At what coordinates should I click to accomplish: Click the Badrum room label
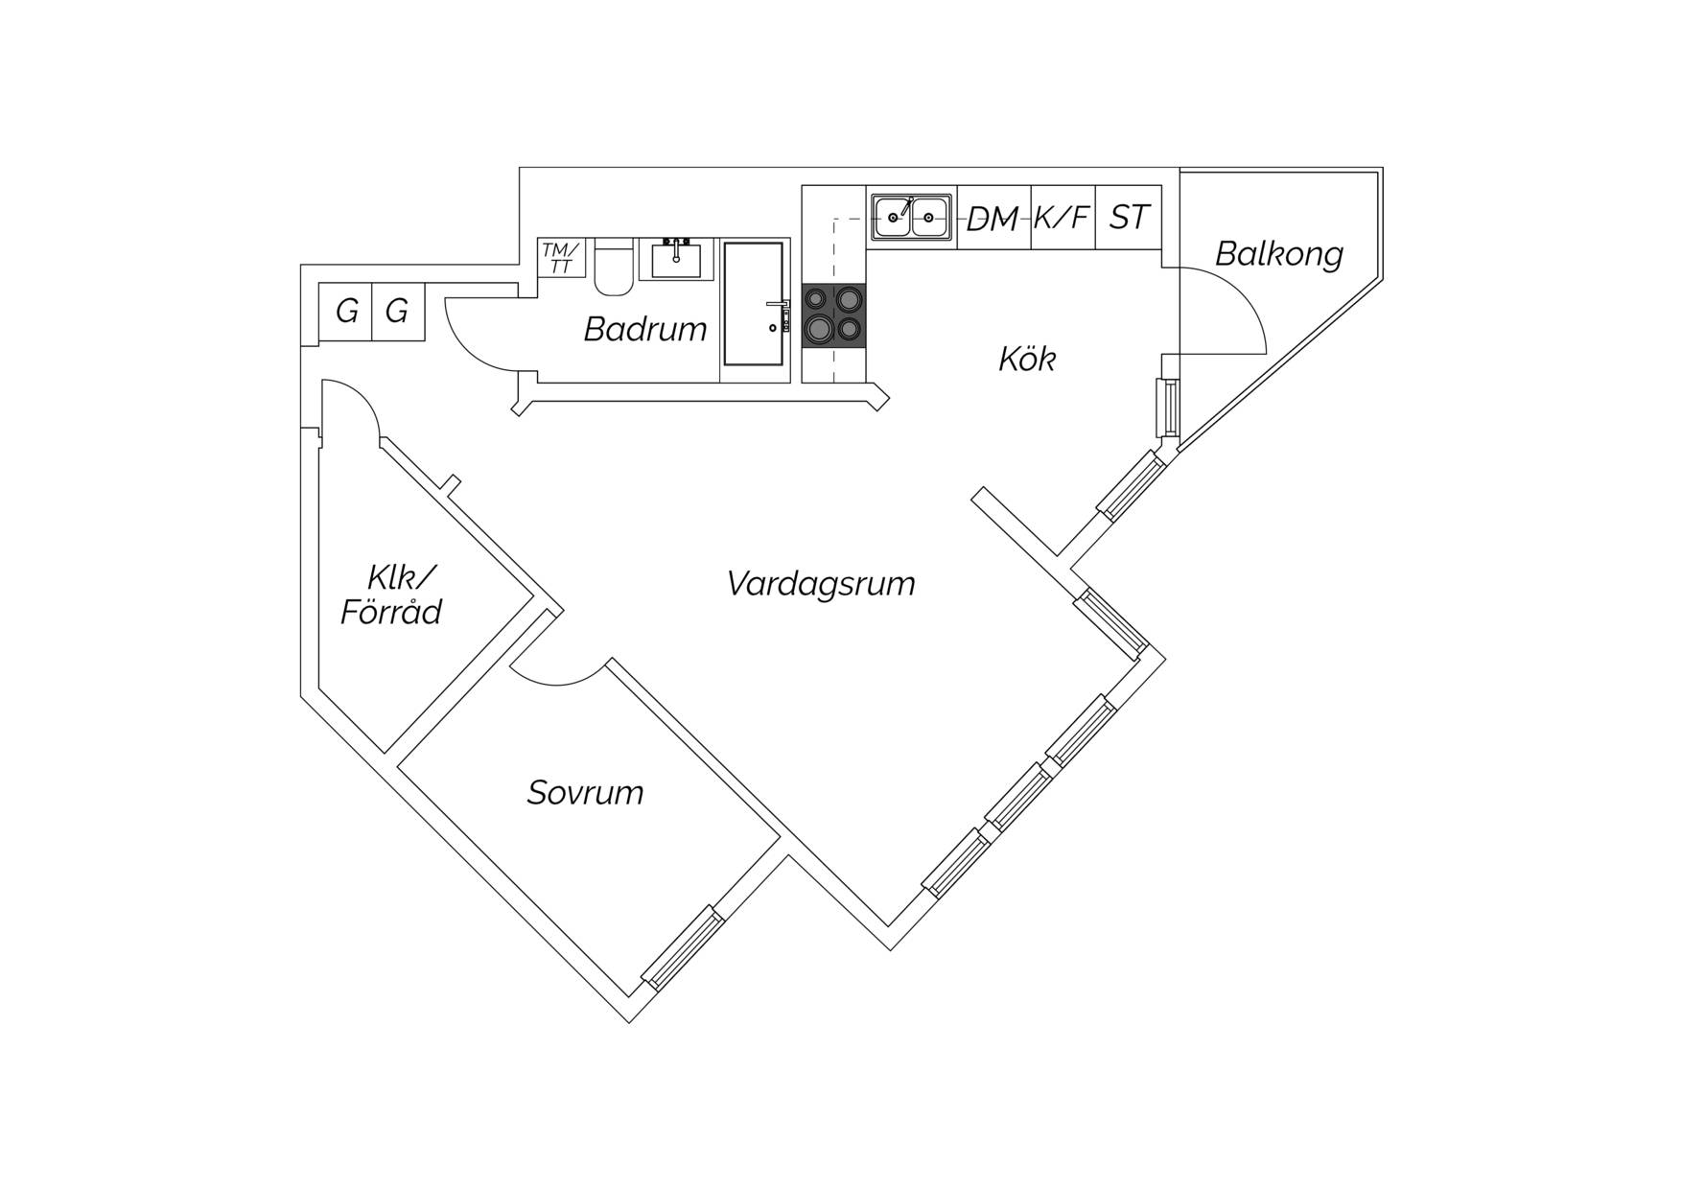[x=645, y=329]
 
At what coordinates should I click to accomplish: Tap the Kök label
[x=1027, y=359]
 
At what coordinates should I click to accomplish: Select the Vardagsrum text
[x=821, y=583]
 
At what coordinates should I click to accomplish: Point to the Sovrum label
[x=585, y=792]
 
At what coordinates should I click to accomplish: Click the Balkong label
[x=1279, y=253]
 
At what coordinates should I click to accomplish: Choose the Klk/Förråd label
[x=391, y=594]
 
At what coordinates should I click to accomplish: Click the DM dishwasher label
[x=993, y=219]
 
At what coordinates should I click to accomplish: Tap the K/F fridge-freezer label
[x=1062, y=218]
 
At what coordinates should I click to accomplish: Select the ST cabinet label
[x=1129, y=218]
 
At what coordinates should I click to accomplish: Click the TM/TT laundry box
[x=561, y=258]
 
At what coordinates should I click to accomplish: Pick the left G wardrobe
[x=345, y=311]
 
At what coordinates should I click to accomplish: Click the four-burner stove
[x=833, y=315]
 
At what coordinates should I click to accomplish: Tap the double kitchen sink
[x=911, y=217]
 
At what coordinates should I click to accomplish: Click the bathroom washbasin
[x=676, y=259]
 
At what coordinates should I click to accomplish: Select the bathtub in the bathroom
[x=754, y=303]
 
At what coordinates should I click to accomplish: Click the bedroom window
[x=682, y=946]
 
